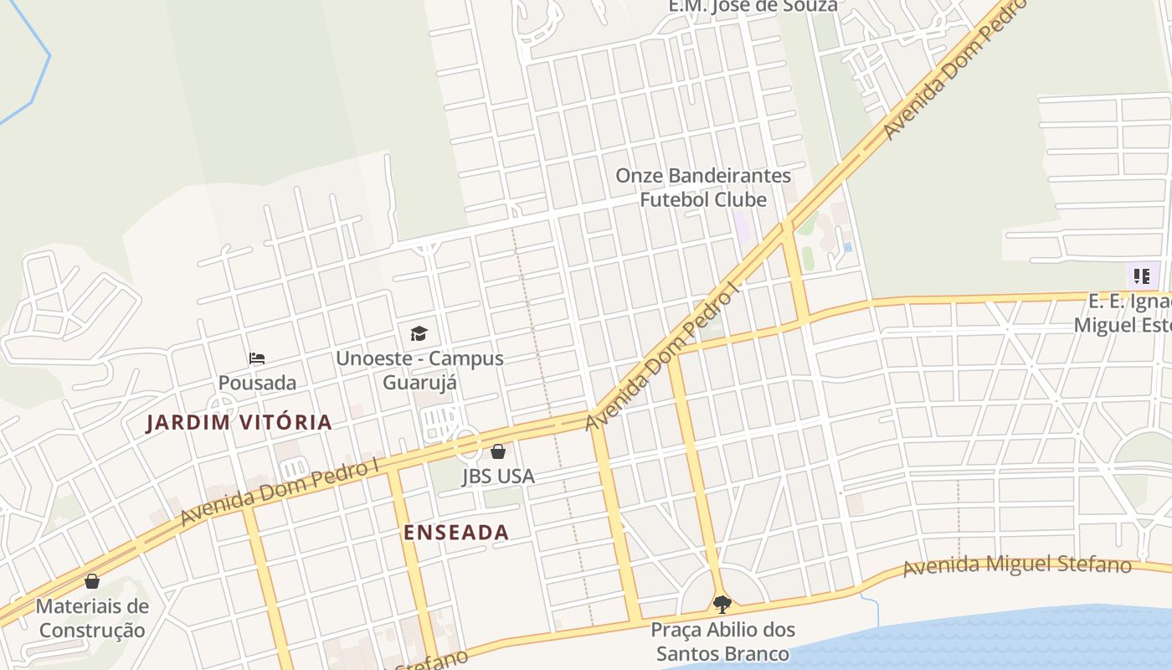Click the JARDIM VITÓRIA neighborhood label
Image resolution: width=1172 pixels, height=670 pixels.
(239, 422)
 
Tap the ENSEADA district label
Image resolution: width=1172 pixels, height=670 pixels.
(456, 533)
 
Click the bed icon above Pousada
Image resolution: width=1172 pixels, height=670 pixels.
(257, 358)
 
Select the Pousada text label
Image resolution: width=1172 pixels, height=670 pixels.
(257, 383)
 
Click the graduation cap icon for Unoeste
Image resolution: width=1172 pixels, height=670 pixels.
(419, 333)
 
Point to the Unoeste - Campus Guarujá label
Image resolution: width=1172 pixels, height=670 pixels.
(419, 370)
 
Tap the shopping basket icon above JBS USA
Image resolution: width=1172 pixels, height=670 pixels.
(498, 452)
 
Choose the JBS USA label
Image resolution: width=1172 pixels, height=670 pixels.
(498, 477)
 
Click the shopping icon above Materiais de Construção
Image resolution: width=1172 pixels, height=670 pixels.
(92, 580)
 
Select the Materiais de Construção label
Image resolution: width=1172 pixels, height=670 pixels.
(92, 618)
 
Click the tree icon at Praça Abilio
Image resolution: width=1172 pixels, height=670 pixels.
(722, 604)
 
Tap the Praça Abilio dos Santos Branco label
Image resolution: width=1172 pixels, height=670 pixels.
(722, 642)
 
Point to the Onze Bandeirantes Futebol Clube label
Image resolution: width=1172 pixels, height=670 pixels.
(703, 188)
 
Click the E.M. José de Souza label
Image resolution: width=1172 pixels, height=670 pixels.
(753, 7)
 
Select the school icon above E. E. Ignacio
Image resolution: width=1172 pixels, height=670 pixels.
(1142, 276)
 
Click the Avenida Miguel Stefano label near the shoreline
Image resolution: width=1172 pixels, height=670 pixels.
(1017, 565)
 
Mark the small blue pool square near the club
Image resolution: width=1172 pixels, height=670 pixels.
(848, 247)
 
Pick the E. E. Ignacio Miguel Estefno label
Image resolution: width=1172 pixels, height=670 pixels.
(1126, 313)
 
